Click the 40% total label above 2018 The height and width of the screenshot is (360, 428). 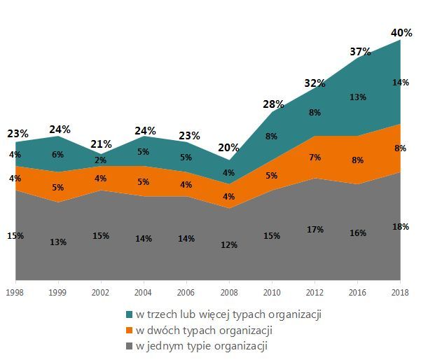pyautogui.click(x=401, y=32)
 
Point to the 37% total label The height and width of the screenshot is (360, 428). pyautogui.click(x=359, y=52)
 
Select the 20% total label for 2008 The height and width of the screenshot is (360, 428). pyautogui.click(x=229, y=148)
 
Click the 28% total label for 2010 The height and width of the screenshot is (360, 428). pyautogui.click(x=273, y=104)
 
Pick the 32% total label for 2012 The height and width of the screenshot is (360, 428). pyautogui.click(x=315, y=83)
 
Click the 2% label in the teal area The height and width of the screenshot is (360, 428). pyautogui.click(x=101, y=160)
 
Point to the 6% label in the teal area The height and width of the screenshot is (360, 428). pyautogui.click(x=58, y=155)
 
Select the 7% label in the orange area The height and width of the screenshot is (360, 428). pyautogui.click(x=315, y=158)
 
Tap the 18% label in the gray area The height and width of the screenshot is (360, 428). pyautogui.click(x=400, y=226)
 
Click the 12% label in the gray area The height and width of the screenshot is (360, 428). pyautogui.click(x=229, y=245)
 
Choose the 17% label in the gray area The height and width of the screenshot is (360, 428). pyautogui.click(x=315, y=229)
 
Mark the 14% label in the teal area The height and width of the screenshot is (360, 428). pyautogui.click(x=400, y=82)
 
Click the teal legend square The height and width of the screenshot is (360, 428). pyautogui.click(x=130, y=314)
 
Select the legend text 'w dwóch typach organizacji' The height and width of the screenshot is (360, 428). pyautogui.click(x=193, y=330)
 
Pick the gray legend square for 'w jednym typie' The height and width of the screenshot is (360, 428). pyautogui.click(x=130, y=346)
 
